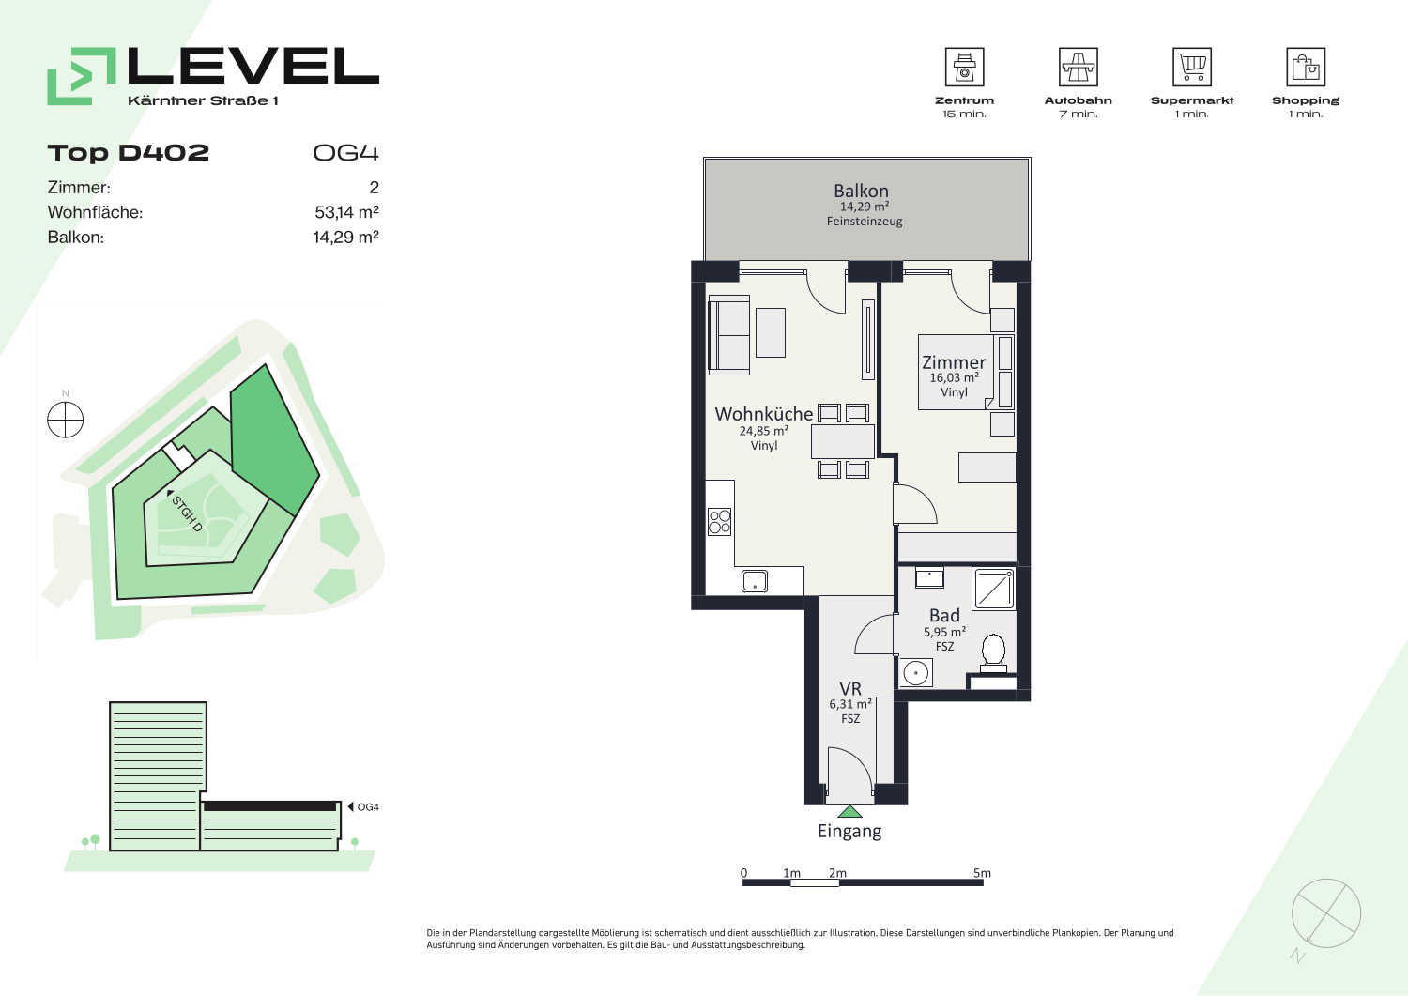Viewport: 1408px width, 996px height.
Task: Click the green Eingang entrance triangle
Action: point(849,812)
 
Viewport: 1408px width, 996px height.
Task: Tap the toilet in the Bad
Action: point(993,653)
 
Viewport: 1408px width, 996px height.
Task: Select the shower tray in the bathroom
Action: point(993,589)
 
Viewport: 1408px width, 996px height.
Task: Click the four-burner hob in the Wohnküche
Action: point(720,522)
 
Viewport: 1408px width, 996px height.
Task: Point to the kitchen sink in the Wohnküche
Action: point(755,581)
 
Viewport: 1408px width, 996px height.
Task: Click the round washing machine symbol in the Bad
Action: point(916,673)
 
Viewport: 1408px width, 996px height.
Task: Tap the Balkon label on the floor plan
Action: point(861,191)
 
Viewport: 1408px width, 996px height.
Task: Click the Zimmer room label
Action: point(954,362)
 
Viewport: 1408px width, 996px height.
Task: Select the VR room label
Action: point(850,688)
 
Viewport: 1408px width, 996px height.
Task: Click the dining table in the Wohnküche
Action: point(842,441)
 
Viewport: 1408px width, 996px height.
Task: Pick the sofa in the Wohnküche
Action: point(729,335)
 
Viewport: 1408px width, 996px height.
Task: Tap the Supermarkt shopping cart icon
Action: point(1192,67)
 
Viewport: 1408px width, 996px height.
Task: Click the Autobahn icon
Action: point(1078,67)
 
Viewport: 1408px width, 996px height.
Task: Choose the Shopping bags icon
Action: point(1306,67)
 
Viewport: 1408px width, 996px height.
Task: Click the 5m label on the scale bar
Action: point(982,873)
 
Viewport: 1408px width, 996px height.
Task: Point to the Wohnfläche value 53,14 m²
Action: point(346,212)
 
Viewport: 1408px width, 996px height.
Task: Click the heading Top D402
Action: point(129,153)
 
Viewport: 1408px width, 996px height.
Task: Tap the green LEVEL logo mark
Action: point(82,76)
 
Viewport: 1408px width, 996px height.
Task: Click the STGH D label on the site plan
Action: point(188,513)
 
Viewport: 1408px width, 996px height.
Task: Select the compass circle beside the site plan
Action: point(66,420)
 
